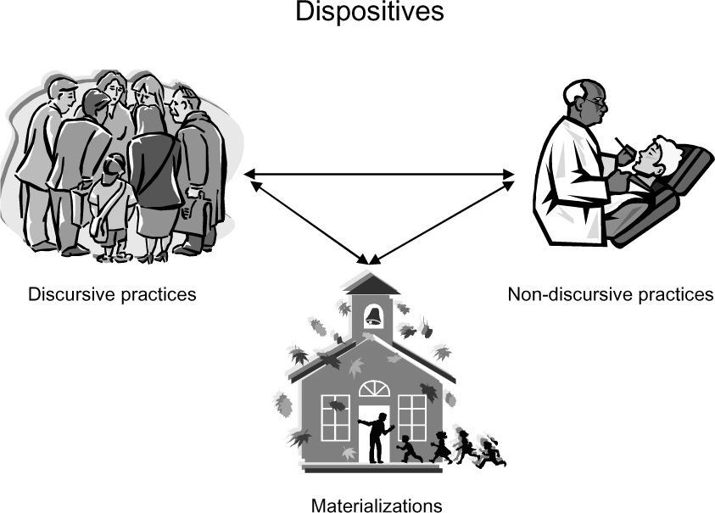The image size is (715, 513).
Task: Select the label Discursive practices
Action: [113, 295]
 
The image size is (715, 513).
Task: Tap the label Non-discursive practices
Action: [611, 295]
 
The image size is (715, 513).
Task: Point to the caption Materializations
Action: [377, 506]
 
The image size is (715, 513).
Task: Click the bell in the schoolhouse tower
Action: [373, 316]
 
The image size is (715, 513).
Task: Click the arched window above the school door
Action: [374, 388]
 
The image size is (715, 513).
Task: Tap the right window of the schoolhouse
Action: [411, 417]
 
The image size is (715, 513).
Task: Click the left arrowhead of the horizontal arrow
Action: [249, 175]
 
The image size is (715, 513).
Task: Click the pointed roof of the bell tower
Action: [372, 282]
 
